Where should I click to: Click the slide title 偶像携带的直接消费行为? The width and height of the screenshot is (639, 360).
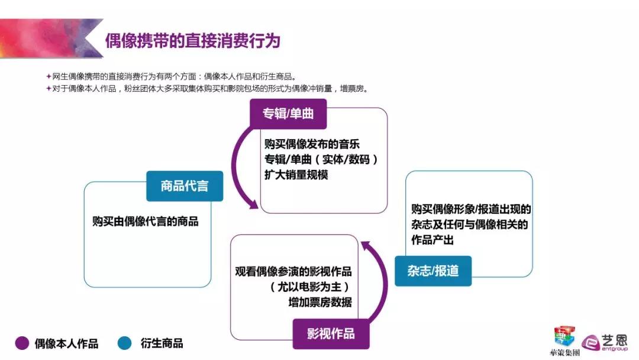click(193, 41)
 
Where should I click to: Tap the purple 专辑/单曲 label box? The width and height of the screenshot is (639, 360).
click(288, 114)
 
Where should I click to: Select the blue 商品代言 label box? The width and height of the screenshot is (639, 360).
click(185, 186)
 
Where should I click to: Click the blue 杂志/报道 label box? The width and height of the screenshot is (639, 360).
click(433, 271)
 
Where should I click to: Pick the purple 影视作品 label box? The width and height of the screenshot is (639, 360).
click(331, 334)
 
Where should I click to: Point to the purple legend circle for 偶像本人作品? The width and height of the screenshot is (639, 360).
click(22, 343)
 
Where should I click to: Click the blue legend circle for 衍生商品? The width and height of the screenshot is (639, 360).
click(125, 343)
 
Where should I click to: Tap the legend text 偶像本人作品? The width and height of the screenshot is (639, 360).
click(66, 343)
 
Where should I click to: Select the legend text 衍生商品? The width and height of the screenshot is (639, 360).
click(162, 343)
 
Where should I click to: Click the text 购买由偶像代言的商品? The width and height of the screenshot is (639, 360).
click(146, 221)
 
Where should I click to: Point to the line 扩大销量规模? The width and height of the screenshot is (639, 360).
click(296, 175)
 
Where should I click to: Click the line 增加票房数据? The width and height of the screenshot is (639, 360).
click(320, 302)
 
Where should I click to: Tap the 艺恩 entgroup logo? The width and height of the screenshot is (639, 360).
click(605, 343)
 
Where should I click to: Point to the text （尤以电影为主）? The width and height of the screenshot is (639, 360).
click(309, 287)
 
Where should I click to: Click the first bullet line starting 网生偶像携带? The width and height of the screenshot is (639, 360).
click(171, 76)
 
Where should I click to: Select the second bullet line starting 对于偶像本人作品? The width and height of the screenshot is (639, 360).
click(207, 88)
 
